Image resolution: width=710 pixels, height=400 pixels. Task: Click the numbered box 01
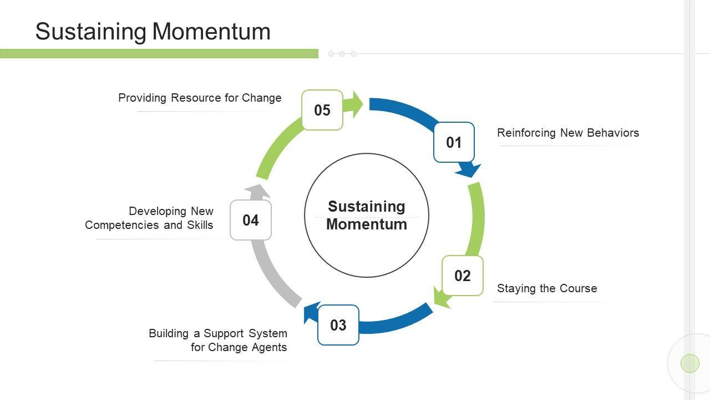pyautogui.click(x=454, y=142)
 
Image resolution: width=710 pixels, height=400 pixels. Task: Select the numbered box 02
pyautogui.click(x=462, y=276)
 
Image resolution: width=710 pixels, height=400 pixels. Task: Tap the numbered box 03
pyautogui.click(x=338, y=325)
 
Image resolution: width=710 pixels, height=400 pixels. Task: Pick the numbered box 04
pyautogui.click(x=250, y=221)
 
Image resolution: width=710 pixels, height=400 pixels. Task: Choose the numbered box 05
pyautogui.click(x=322, y=110)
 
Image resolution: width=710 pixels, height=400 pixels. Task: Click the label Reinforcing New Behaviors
pyautogui.click(x=568, y=133)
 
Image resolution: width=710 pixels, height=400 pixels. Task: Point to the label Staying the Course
pyautogui.click(x=547, y=288)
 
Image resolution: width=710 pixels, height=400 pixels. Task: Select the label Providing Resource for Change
pyautogui.click(x=200, y=98)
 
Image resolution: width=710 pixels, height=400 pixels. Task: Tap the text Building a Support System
pyautogui.click(x=218, y=333)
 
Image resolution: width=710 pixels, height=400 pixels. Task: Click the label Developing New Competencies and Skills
pyautogui.click(x=149, y=218)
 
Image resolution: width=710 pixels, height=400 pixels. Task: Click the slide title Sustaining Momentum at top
pyautogui.click(x=153, y=32)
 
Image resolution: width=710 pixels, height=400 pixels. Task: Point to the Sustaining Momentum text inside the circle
pyautogui.click(x=367, y=216)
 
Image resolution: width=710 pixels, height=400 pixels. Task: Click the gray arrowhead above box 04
pyautogui.click(x=257, y=191)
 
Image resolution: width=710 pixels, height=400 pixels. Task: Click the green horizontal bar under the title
pyautogui.click(x=159, y=53)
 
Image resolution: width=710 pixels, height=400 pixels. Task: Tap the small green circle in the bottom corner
pyautogui.click(x=690, y=363)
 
